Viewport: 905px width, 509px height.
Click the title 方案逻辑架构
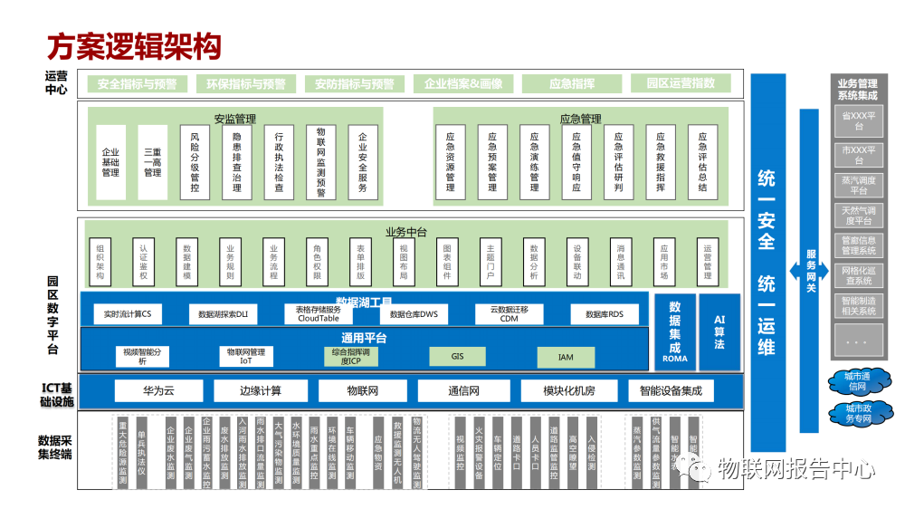click(134, 44)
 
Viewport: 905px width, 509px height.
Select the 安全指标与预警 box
click(138, 84)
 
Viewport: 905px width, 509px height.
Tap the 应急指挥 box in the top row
click(572, 84)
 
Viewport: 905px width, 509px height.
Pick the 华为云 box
click(157, 391)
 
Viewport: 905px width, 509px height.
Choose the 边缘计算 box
click(261, 391)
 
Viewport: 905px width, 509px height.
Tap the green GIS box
click(457, 357)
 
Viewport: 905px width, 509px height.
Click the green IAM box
click(566, 357)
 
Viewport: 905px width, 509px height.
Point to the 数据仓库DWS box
click(414, 314)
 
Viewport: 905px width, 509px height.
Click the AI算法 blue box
click(719, 331)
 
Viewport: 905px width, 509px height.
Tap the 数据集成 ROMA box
click(675, 331)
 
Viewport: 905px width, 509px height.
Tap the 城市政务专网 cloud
click(857, 414)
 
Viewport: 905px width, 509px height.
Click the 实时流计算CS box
click(128, 314)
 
